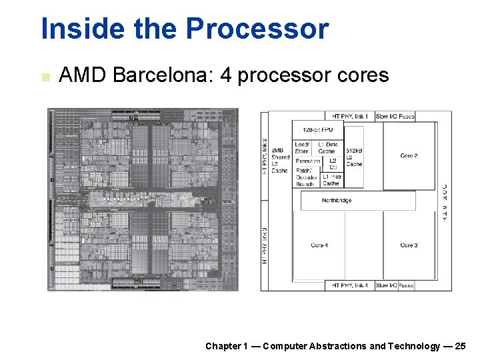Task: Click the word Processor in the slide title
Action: click(x=257, y=29)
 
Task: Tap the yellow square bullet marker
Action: click(x=45, y=77)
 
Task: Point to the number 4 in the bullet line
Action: click(x=225, y=75)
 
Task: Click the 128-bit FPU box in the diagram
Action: click(x=317, y=130)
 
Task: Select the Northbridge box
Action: click(x=337, y=200)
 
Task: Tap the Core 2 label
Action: click(x=409, y=156)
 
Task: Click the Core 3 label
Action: click(x=409, y=245)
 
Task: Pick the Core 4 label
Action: click(x=319, y=245)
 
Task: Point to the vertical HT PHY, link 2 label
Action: click(x=265, y=156)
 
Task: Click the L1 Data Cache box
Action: click(x=327, y=148)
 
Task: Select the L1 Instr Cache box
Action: click(x=331, y=180)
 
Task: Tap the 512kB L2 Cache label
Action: click(x=354, y=157)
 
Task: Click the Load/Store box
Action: click(x=302, y=148)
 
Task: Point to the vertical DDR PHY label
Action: click(x=444, y=202)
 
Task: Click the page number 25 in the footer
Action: click(x=461, y=346)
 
